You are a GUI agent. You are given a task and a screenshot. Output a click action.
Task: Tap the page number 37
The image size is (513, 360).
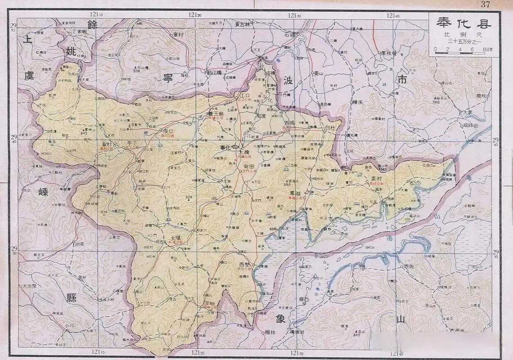(x=485, y=4)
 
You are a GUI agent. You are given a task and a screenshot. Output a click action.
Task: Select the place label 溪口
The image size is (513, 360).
(x=169, y=131)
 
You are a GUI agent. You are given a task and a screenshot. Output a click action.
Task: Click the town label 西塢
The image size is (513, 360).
(x=289, y=122)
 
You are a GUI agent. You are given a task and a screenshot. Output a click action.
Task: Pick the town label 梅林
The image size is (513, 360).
(x=270, y=332)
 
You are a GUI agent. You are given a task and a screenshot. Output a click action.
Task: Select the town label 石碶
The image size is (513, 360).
(x=290, y=34)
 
